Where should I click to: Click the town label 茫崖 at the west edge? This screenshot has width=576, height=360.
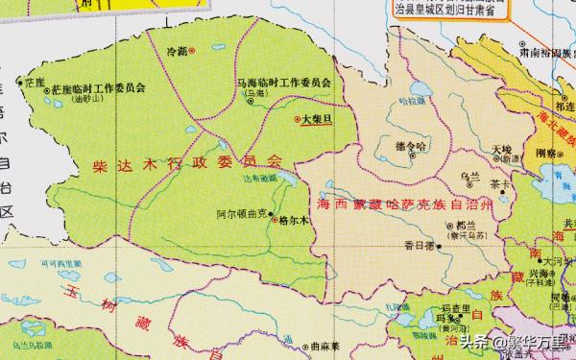pyautogui.click(x=35, y=73)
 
